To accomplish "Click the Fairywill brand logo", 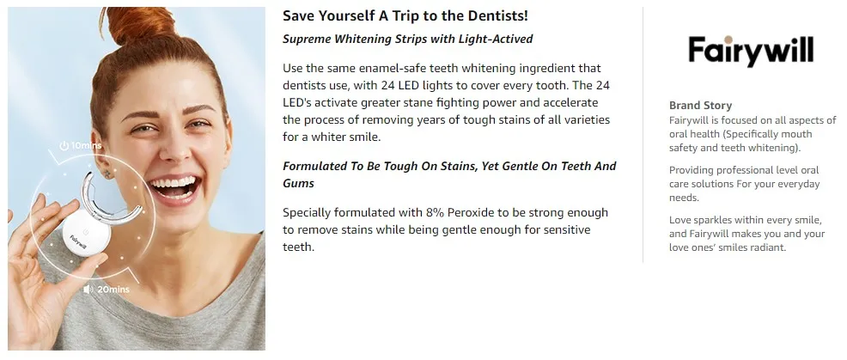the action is click(x=751, y=52).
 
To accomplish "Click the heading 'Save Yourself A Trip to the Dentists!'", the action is click(x=405, y=15).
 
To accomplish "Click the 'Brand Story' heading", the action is click(x=701, y=106).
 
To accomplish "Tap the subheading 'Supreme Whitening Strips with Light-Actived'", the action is click(x=408, y=39).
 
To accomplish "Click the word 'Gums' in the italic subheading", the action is click(x=298, y=183).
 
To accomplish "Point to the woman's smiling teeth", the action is click(x=174, y=183).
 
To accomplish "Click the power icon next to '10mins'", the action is click(x=64, y=146).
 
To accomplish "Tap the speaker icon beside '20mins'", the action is click(x=88, y=290).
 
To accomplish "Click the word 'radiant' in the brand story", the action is click(x=767, y=247).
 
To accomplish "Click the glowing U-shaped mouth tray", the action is click(x=112, y=199).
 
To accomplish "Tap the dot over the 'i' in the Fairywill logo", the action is click(x=728, y=40).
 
